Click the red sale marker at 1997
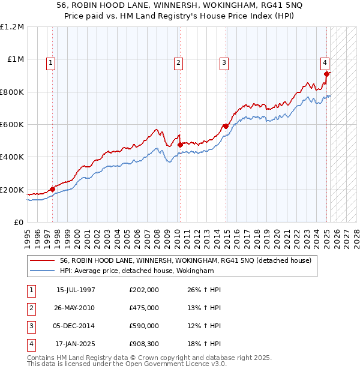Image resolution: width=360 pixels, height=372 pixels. click(x=52, y=189)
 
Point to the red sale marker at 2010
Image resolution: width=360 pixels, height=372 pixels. click(x=180, y=144)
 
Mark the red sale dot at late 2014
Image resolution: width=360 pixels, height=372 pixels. click(x=225, y=126)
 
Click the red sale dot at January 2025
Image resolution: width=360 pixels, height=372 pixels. click(x=327, y=74)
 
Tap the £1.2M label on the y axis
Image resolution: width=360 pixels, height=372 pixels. click(x=12, y=27)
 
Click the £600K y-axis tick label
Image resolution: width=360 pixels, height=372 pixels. click(x=12, y=125)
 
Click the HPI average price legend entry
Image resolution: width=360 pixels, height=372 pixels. click(x=137, y=271)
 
